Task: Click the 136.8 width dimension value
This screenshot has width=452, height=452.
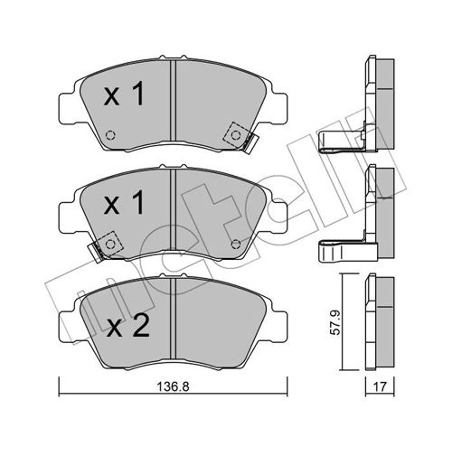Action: pyautogui.click(x=173, y=387)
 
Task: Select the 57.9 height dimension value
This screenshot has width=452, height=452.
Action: pyautogui.click(x=335, y=322)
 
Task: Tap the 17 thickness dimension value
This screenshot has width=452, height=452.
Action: pyautogui.click(x=380, y=387)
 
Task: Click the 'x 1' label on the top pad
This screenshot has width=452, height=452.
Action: pyautogui.click(x=124, y=93)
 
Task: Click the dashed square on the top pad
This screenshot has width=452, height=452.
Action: pyautogui.click(x=236, y=135)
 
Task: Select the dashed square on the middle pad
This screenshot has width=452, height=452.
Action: pyautogui.click(x=110, y=244)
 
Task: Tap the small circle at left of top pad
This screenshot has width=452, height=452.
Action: pyautogui.click(x=110, y=135)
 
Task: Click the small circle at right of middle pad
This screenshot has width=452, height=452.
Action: pyautogui.click(x=236, y=244)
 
